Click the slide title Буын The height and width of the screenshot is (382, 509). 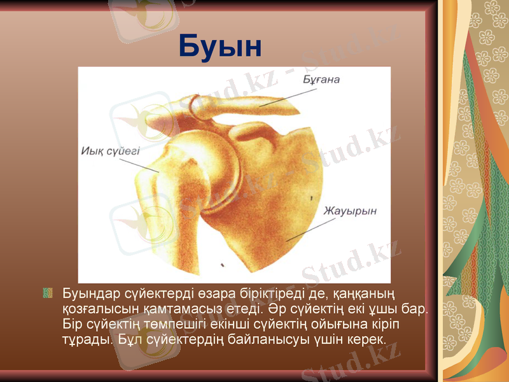[220, 46]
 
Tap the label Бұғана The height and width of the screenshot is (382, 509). [321, 80]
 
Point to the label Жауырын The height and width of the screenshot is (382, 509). [349, 210]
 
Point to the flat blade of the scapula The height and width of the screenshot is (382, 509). [280, 191]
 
